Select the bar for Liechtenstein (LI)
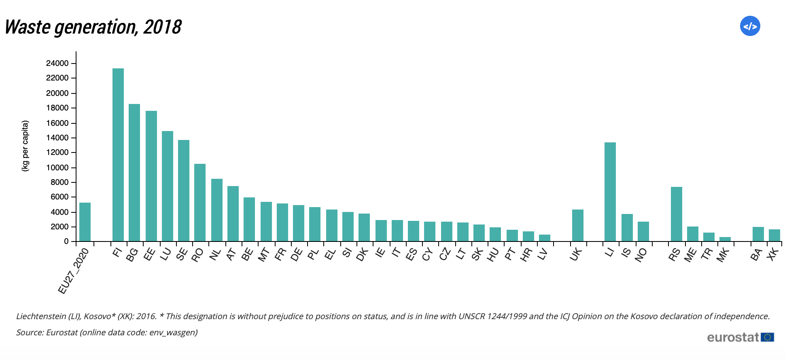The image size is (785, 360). point(610,192)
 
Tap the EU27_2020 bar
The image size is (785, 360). point(85,222)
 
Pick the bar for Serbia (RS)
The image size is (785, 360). point(676,214)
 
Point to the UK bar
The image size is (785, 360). point(577,225)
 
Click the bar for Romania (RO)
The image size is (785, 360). point(200,203)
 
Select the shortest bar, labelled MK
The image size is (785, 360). point(725,239)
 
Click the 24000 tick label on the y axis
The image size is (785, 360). point(57,63)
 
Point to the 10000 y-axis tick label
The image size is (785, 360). point(57,167)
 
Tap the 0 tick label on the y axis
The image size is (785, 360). point(66,241)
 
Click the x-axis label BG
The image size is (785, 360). point(132,255)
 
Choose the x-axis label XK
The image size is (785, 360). point(772,254)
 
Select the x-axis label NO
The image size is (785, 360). point(641,255)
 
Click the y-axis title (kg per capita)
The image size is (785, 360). point(25,146)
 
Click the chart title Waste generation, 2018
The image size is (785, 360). point(93,27)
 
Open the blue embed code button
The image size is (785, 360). point(750,26)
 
